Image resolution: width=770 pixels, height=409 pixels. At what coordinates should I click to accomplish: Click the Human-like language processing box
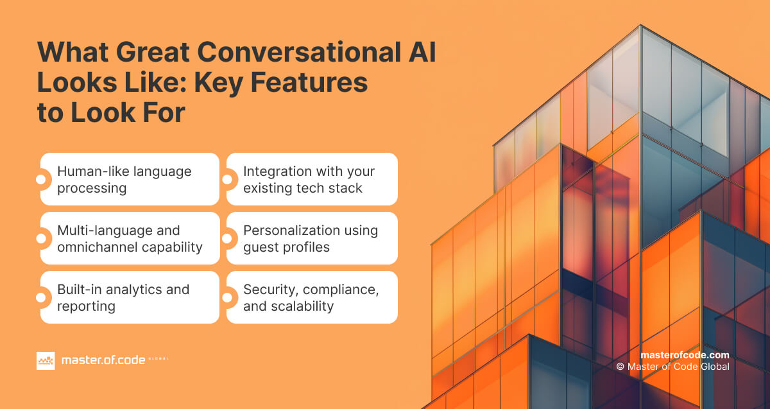pos(130,179)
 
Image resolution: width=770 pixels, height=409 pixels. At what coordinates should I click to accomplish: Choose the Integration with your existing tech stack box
pos(312,179)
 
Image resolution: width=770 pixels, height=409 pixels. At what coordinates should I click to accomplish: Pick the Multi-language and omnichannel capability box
pos(130,238)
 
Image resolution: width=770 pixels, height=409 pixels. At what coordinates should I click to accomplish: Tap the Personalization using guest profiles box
pos(312,238)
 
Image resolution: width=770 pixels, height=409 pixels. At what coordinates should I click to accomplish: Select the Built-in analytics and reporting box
pos(130,297)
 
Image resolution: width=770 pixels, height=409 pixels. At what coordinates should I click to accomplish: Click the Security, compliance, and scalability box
pos(312,297)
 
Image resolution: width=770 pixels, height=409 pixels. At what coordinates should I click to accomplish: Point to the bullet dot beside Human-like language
pos(41,180)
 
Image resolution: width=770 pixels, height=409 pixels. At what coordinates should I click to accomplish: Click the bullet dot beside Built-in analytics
pos(41,297)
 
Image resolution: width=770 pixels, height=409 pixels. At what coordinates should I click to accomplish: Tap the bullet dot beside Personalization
pos(227,238)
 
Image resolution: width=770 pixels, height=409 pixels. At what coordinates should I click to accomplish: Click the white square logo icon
pos(46,361)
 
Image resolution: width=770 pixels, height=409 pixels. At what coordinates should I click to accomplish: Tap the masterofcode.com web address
pos(685,355)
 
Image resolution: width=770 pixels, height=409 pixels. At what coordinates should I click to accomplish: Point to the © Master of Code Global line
pos(672,367)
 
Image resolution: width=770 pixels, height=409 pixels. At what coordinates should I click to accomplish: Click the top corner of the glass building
pos(640,27)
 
